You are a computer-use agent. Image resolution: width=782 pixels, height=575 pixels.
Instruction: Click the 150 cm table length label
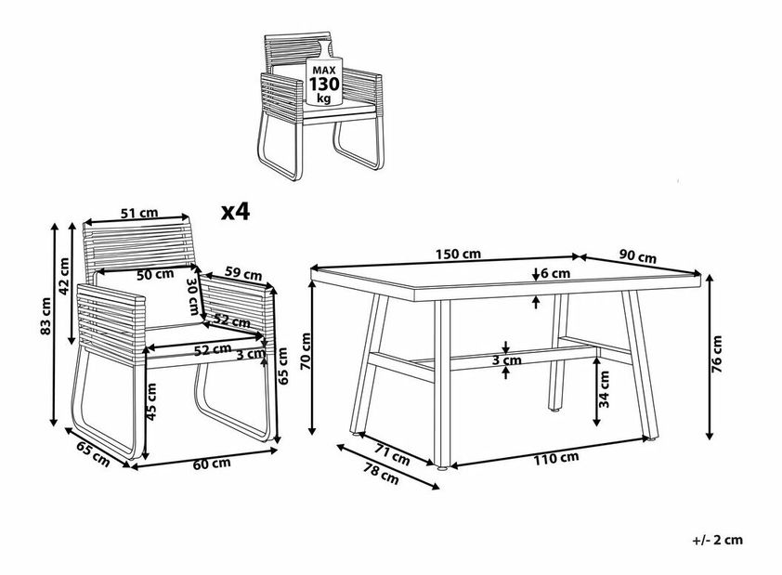tap(458, 255)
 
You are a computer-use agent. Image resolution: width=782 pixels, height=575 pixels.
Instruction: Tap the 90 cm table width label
tap(638, 256)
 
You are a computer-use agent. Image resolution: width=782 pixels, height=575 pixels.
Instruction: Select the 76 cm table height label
tap(717, 355)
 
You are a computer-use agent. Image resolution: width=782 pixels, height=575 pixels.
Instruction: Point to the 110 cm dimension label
tap(556, 458)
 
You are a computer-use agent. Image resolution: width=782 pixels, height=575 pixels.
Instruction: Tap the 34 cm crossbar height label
tap(605, 389)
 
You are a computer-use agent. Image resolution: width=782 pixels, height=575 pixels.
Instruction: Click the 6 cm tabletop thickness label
tap(554, 273)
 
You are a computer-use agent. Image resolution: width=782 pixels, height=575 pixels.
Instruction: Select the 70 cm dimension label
tap(306, 351)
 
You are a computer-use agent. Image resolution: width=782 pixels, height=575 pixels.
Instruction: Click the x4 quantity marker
tap(235, 213)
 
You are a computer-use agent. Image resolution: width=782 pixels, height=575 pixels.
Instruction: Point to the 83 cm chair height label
tap(46, 316)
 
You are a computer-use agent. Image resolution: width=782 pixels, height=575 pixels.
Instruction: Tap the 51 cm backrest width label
tap(139, 213)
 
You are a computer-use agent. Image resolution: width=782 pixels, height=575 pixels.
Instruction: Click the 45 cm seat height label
tap(151, 400)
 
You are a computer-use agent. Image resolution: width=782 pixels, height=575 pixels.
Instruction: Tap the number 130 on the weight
tap(324, 84)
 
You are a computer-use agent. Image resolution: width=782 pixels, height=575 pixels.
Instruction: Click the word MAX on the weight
tap(324, 70)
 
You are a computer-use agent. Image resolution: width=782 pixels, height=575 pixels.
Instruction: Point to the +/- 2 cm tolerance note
tap(718, 540)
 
